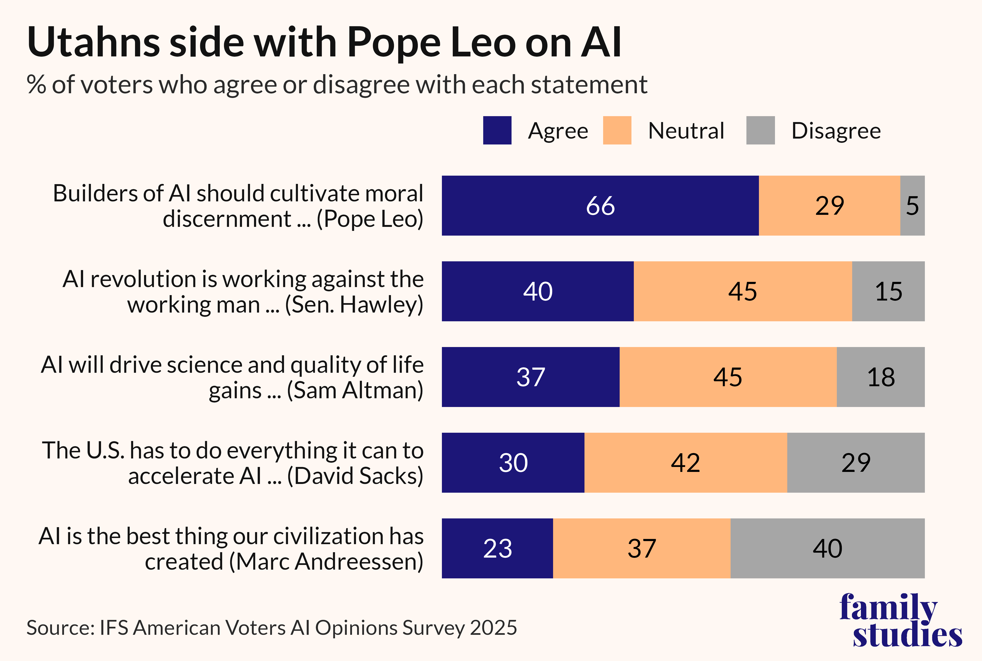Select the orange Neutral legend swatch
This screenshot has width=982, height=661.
[x=617, y=130]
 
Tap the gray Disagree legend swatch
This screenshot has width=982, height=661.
[x=760, y=130]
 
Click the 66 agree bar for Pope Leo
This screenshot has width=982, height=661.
[x=600, y=206]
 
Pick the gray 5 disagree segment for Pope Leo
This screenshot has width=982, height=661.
[x=912, y=206]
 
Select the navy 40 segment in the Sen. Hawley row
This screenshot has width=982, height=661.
[x=538, y=291]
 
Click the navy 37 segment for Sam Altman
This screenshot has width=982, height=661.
[x=531, y=377]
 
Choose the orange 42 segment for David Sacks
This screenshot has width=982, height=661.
[x=686, y=462]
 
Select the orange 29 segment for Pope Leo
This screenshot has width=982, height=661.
[x=830, y=206]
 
